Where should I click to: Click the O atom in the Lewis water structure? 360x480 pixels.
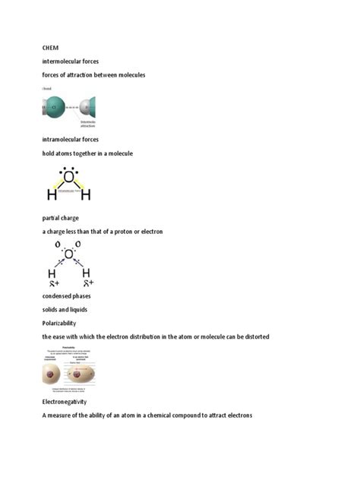[70, 178]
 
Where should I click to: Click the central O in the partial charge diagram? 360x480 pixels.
[69, 254]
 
